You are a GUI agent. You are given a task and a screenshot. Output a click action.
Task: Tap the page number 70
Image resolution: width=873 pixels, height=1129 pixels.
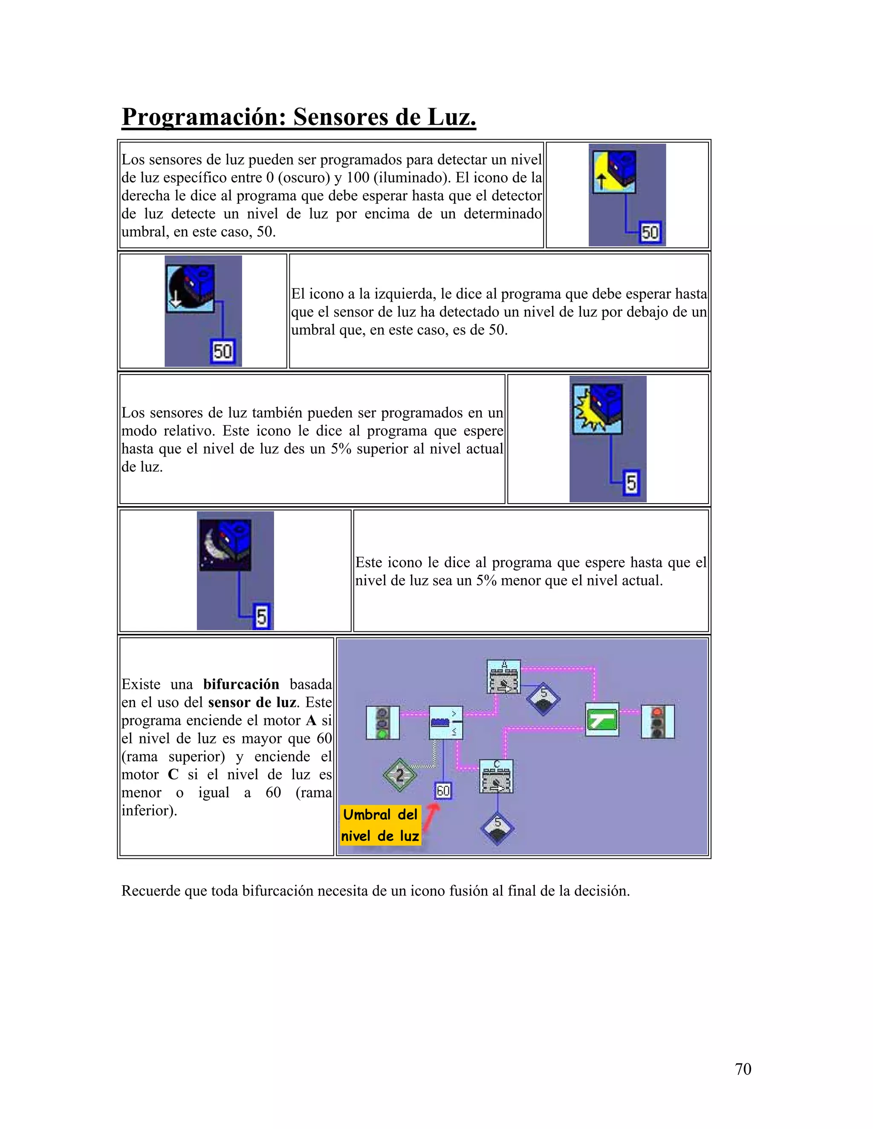click(743, 1069)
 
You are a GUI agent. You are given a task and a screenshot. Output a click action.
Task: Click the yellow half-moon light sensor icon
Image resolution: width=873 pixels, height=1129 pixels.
click(614, 172)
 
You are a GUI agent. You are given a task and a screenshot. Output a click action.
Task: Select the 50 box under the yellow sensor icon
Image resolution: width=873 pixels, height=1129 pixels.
click(650, 232)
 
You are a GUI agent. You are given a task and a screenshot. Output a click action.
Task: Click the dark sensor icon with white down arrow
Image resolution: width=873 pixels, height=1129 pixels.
click(190, 288)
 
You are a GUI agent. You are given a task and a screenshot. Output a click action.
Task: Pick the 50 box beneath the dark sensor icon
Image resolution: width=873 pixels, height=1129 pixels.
click(223, 351)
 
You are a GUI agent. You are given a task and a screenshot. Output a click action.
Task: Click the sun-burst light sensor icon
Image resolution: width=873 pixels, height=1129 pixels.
click(597, 409)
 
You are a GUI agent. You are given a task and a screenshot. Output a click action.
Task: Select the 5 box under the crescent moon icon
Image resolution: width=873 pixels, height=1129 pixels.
click(262, 616)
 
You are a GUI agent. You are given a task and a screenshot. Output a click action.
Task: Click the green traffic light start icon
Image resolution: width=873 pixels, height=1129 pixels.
click(383, 722)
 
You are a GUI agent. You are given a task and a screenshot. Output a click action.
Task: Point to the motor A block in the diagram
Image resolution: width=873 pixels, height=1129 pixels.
click(504, 677)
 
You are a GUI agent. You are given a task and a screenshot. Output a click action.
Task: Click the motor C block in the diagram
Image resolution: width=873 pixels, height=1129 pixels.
click(497, 776)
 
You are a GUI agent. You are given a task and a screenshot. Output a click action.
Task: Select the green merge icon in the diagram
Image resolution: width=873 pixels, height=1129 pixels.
click(602, 719)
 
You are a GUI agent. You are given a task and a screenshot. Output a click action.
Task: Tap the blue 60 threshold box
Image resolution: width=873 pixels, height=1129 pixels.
click(443, 790)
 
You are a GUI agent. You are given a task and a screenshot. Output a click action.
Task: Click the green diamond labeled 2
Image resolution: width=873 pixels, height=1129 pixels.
click(400, 775)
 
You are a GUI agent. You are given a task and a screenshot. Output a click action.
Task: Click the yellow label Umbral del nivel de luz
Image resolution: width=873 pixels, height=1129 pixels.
click(381, 825)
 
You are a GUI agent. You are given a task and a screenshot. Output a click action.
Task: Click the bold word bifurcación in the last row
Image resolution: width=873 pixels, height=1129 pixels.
click(241, 685)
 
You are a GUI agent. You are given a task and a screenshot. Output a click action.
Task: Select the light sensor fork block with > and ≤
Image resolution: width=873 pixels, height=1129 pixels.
click(446, 722)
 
